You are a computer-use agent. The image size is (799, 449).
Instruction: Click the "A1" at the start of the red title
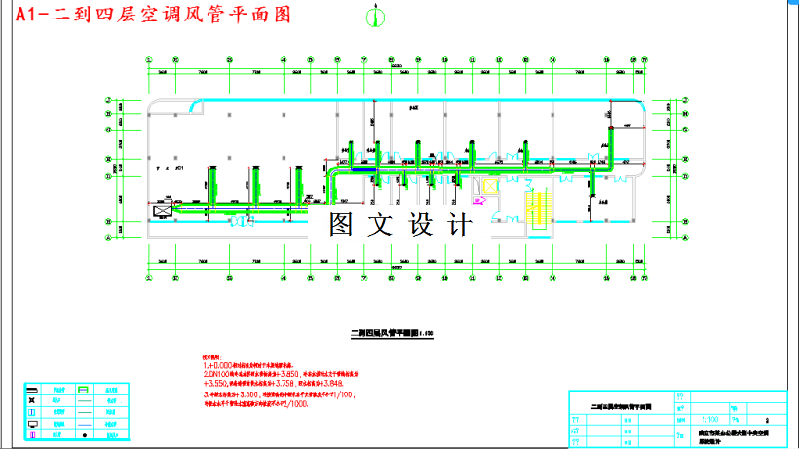[21, 15]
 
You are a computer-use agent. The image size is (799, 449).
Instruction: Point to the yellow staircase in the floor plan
[539, 205]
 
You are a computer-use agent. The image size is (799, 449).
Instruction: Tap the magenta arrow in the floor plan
[478, 200]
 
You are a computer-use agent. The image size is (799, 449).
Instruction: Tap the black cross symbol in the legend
[32, 400]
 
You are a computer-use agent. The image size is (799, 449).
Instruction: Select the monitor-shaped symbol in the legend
[32, 424]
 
